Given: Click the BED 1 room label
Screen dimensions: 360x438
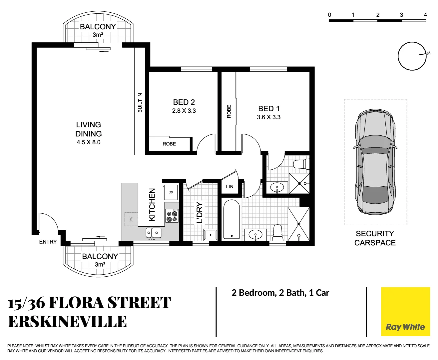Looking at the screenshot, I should point(269,109).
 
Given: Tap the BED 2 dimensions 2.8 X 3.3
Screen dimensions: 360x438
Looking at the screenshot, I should point(184,111).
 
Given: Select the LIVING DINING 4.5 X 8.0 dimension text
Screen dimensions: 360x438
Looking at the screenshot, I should point(88,142).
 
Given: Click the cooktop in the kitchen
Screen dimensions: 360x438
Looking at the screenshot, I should point(172,216).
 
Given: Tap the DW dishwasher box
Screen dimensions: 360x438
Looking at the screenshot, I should point(131,219).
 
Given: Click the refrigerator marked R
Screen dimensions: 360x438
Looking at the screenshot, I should point(171,192).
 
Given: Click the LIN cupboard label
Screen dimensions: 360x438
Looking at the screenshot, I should point(229,187).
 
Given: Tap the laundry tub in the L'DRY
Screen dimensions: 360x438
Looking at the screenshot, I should point(210,235).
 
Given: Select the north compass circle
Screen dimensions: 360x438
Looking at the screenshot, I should point(412,56).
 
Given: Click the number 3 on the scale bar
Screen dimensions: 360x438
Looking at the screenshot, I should point(401,15).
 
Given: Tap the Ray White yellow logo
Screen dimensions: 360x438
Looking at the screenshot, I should point(405,312).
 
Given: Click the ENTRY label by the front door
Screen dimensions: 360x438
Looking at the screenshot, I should point(48,242).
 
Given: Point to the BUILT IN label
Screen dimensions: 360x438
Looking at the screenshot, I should point(140,102).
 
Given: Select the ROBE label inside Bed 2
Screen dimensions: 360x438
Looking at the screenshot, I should point(169,144).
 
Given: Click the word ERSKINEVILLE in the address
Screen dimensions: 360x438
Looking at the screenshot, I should point(68,322).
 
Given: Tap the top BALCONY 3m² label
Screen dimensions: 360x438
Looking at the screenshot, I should point(98,27).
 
